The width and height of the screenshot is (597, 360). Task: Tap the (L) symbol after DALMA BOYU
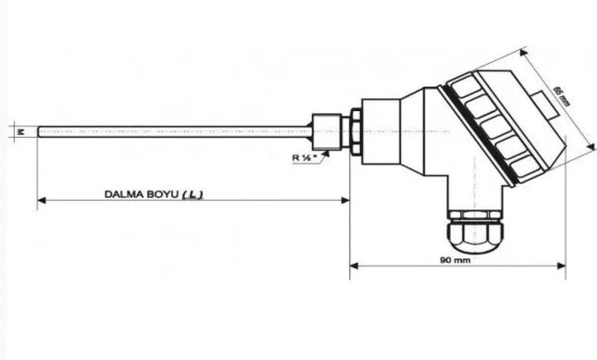click(x=193, y=194)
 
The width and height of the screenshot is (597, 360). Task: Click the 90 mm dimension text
click(x=457, y=262)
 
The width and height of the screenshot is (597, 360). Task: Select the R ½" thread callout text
click(x=305, y=158)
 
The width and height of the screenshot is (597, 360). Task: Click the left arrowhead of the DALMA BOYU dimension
click(x=41, y=200)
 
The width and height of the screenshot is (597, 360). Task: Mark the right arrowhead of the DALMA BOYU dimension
click(x=345, y=200)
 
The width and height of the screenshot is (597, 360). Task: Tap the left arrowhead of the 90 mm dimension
click(x=354, y=267)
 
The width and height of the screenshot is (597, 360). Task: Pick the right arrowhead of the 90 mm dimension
click(x=562, y=267)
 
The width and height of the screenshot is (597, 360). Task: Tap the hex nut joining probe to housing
click(x=353, y=132)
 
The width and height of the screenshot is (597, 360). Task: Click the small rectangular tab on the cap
click(x=550, y=109)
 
